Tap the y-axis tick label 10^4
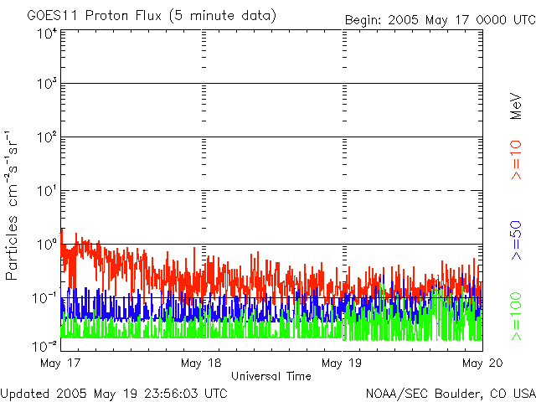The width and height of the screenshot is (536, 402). click(47, 33)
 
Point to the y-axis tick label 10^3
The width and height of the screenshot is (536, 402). click(47, 85)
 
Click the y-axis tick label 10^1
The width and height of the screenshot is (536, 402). click(47, 193)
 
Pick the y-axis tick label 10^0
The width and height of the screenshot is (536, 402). click(47, 245)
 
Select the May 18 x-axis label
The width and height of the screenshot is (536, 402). click(201, 363)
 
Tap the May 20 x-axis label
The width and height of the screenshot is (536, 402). click(480, 363)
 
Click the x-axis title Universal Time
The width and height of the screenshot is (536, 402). click(271, 376)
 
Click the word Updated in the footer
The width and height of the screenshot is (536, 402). click(24, 392)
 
